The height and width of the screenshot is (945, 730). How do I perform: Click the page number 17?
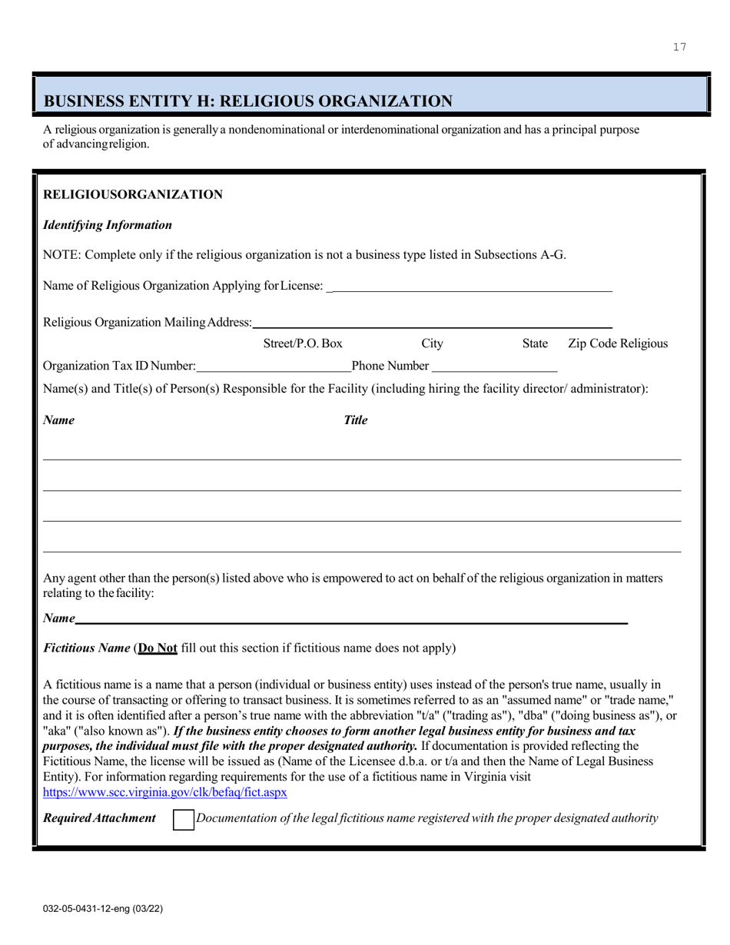[x=679, y=47]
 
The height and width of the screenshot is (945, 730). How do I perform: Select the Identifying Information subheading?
[x=108, y=225]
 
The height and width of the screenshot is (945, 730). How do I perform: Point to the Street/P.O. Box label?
[x=303, y=343]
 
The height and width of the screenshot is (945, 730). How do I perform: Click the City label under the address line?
[x=433, y=343]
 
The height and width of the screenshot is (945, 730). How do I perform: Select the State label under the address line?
[x=535, y=343]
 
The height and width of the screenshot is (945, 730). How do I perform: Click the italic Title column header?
[x=355, y=420]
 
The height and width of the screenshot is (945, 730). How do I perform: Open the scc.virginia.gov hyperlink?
[x=165, y=791]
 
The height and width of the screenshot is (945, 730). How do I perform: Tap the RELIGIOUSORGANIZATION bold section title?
[x=133, y=194]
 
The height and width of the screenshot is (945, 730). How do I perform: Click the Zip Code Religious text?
[x=617, y=343]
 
